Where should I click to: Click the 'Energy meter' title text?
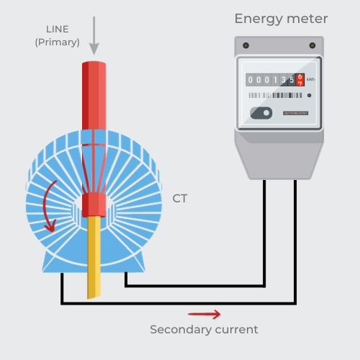(281, 19)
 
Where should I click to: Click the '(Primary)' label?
(57, 42)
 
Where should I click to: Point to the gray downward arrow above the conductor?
(94, 36)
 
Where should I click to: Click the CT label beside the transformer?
(180, 198)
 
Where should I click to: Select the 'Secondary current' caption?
(204, 330)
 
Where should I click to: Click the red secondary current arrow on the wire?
(204, 314)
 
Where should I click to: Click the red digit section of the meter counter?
(300, 80)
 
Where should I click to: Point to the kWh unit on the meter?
(310, 80)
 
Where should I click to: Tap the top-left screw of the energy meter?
(246, 45)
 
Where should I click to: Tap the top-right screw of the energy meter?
(313, 45)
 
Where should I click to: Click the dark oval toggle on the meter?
(261, 112)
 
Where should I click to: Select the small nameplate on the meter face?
(295, 113)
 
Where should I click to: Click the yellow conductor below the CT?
(94, 259)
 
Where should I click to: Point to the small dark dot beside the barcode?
(309, 95)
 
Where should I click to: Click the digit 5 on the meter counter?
(291, 80)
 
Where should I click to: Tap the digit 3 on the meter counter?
(283, 80)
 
